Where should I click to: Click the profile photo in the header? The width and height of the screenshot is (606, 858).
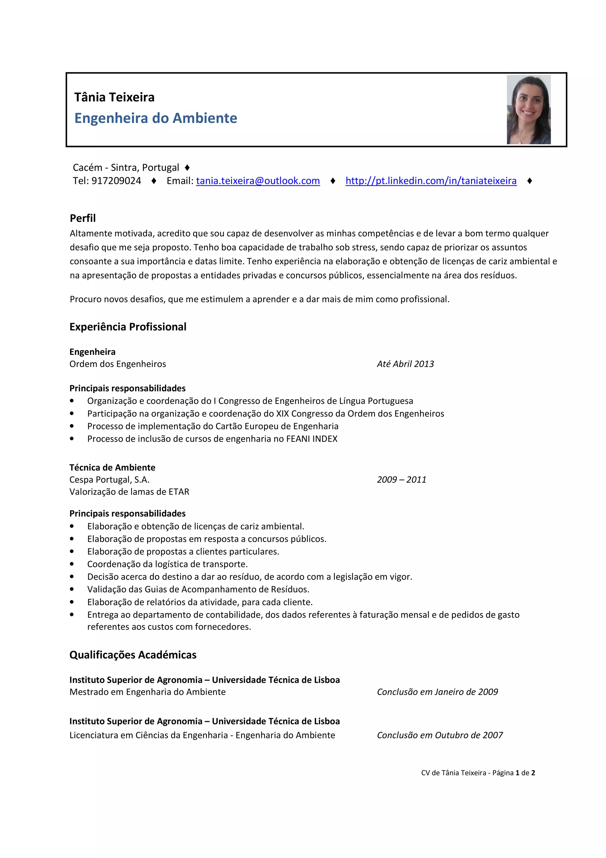[528, 110]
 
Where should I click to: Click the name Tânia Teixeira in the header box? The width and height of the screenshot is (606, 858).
[114, 97]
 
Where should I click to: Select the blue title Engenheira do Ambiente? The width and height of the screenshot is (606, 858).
[156, 118]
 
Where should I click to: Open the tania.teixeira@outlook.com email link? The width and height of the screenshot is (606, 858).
[258, 181]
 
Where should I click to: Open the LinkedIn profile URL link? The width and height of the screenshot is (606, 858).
[431, 181]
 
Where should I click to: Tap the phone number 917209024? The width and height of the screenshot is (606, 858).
[116, 181]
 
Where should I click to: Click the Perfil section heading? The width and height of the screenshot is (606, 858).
[83, 218]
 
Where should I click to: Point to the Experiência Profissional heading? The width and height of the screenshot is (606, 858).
[128, 327]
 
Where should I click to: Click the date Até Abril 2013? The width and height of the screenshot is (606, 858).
[405, 364]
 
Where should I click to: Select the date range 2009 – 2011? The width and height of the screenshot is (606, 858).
[402, 479]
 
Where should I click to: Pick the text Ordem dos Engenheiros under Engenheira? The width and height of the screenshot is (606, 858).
[117, 364]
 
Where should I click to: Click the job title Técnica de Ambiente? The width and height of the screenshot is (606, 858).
[112, 467]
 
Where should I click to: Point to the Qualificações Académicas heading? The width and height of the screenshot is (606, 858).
[133, 655]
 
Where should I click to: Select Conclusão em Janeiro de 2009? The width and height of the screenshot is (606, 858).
[437, 692]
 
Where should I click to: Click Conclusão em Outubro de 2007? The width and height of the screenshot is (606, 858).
[440, 735]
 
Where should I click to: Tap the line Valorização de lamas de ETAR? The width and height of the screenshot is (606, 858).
[129, 492]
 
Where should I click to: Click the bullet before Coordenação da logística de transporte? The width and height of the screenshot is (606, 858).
[72, 564]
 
